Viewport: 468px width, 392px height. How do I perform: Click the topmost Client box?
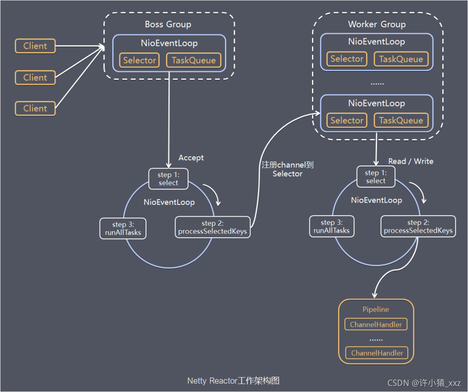point(35,46)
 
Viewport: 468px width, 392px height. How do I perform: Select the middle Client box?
point(35,78)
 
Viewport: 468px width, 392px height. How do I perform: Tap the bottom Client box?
point(35,108)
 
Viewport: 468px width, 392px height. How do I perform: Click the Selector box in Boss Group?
point(140,60)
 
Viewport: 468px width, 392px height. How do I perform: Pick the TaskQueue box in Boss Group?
point(193,60)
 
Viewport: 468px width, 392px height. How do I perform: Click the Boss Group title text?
point(168,24)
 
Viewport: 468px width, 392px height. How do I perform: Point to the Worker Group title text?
point(377,24)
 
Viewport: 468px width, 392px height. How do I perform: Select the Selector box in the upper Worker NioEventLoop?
point(347,59)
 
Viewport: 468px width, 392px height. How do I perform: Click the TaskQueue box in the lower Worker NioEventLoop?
point(401,120)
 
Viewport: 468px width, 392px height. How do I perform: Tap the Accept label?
point(191,158)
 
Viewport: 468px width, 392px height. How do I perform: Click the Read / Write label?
point(411,161)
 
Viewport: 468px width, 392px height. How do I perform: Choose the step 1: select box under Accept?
point(168,179)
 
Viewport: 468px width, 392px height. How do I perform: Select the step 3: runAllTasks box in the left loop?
point(123,229)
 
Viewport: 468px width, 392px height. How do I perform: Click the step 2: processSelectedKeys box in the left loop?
point(212,227)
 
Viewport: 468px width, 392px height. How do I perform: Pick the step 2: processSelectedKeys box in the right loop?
point(418,226)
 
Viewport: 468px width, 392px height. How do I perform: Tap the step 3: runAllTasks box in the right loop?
point(331,226)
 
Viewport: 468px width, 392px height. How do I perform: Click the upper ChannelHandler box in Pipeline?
point(376,324)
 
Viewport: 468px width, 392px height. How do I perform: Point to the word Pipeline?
point(375,309)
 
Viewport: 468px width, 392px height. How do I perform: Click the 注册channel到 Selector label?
point(287,169)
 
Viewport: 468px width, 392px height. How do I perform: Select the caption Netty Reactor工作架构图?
point(234,381)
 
